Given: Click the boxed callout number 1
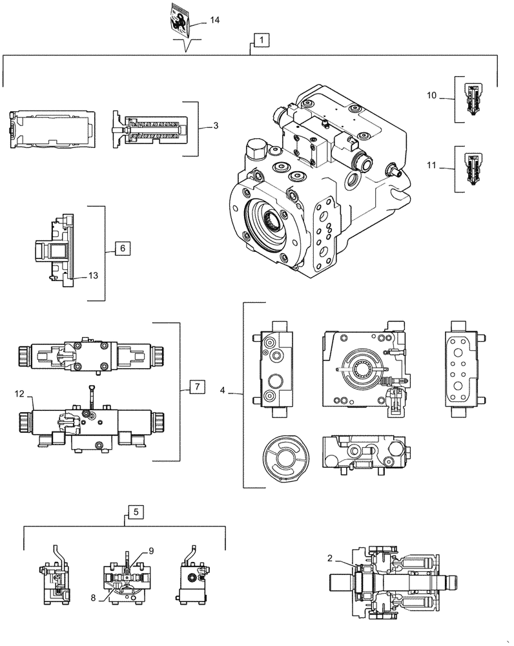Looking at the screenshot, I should coord(261,40).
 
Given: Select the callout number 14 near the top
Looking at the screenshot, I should coord(214,21).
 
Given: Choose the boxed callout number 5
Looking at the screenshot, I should coord(136,512).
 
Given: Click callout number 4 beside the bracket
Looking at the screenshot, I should coord(223,390).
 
